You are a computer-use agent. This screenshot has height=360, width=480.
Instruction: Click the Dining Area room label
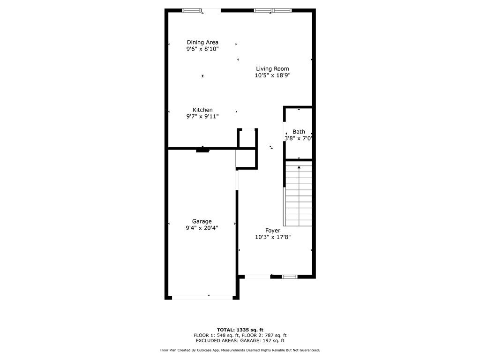tap(202, 42)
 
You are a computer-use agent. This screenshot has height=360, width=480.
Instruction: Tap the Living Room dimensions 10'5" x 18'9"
tap(273, 75)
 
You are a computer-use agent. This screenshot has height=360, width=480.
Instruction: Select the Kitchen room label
tap(202, 110)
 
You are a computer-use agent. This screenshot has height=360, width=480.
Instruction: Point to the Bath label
tap(299, 132)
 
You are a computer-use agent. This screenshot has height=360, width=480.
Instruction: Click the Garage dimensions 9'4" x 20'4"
tap(202, 228)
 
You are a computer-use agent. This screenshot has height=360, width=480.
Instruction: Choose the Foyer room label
tap(273, 231)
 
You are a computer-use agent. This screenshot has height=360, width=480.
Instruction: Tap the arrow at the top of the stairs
tap(299, 167)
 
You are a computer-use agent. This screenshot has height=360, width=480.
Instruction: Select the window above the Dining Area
tap(191, 10)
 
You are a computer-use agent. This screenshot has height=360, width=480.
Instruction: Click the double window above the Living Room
tap(272, 10)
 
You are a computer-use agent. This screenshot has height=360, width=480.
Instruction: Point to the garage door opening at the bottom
tap(202, 297)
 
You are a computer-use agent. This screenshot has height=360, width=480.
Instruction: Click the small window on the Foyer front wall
tap(290, 277)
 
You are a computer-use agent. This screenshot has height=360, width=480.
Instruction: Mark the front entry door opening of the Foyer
tap(257, 277)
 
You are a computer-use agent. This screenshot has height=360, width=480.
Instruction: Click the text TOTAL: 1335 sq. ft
tap(240, 330)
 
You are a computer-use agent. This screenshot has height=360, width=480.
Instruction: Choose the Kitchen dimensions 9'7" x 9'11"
tap(202, 116)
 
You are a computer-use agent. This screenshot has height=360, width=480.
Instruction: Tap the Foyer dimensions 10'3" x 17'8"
tap(273, 237)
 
